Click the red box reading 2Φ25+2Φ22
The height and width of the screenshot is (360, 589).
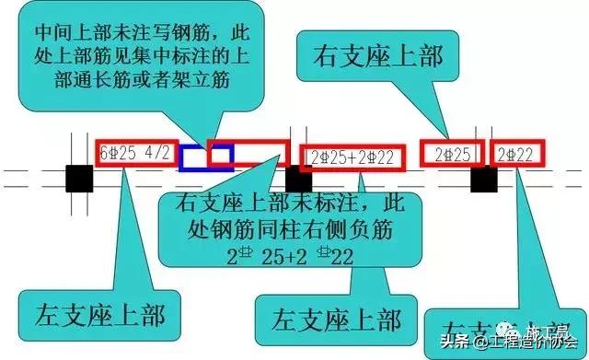(352, 157)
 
